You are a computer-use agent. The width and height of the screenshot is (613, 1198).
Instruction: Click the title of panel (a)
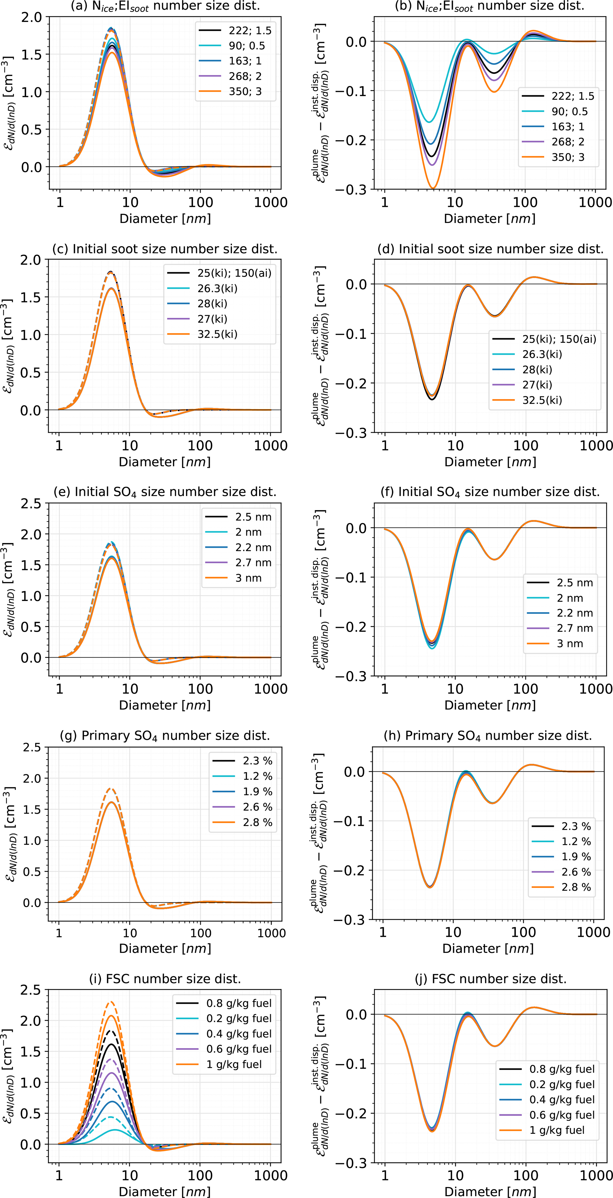click(165, 6)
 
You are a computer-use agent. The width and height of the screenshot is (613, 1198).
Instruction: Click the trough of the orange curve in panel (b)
click(433, 188)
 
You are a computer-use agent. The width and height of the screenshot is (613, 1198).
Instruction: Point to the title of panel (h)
click(488, 736)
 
